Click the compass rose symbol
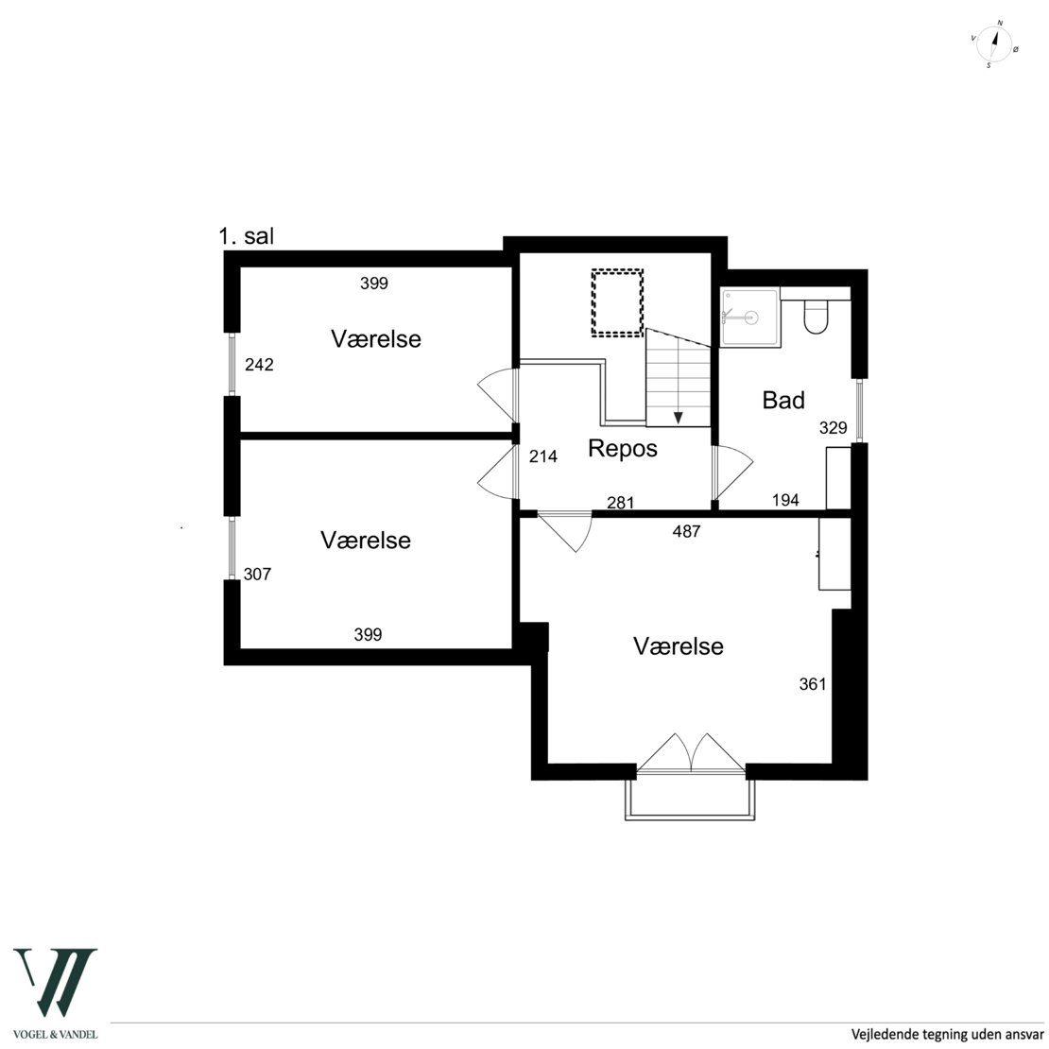tap(994, 44)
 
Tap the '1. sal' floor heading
tap(247, 236)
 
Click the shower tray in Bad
tap(750, 317)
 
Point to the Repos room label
tap(622, 448)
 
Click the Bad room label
tap(783, 400)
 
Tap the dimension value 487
tap(686, 531)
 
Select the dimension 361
tap(813, 683)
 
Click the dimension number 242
tap(259, 365)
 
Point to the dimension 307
tap(257, 574)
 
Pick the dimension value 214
tap(543, 456)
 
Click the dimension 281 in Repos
tap(620, 503)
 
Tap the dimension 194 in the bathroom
tap(785, 500)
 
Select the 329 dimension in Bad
tap(833, 427)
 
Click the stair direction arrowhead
tap(679, 418)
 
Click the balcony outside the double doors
tap(691, 817)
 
